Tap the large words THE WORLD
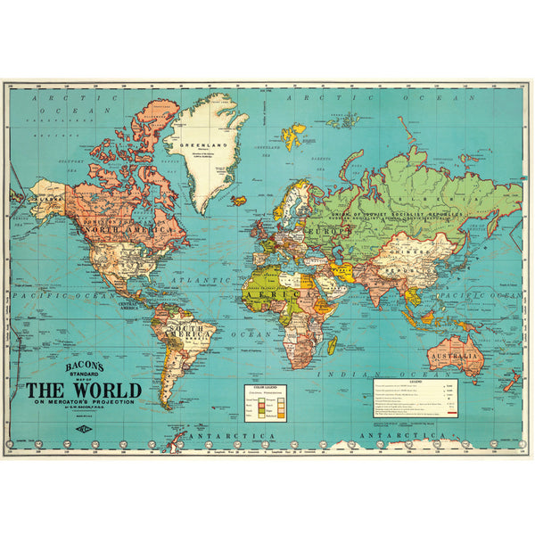pos(83,390)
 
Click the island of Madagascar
pos(332,344)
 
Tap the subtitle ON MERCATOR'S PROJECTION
pos(83,404)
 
